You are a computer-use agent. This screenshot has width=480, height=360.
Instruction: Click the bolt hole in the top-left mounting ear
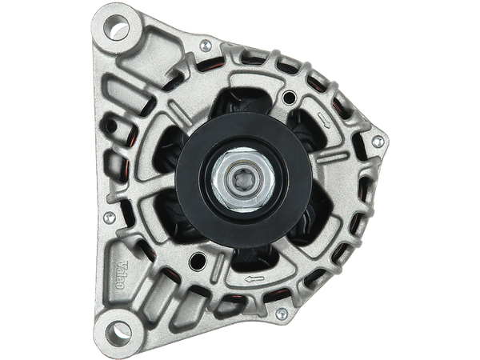tap(117, 27)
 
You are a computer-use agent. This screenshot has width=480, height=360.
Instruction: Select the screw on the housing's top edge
tap(206, 46)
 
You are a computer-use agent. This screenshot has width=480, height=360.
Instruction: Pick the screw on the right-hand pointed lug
tap(378, 142)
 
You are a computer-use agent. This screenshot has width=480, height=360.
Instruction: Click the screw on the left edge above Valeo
tap(110, 218)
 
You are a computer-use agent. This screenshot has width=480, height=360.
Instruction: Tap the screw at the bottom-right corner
tap(282, 314)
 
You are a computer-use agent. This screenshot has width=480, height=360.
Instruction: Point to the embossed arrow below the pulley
tap(254, 279)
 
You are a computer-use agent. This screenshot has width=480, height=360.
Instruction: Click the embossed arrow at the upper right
tap(324, 120)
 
